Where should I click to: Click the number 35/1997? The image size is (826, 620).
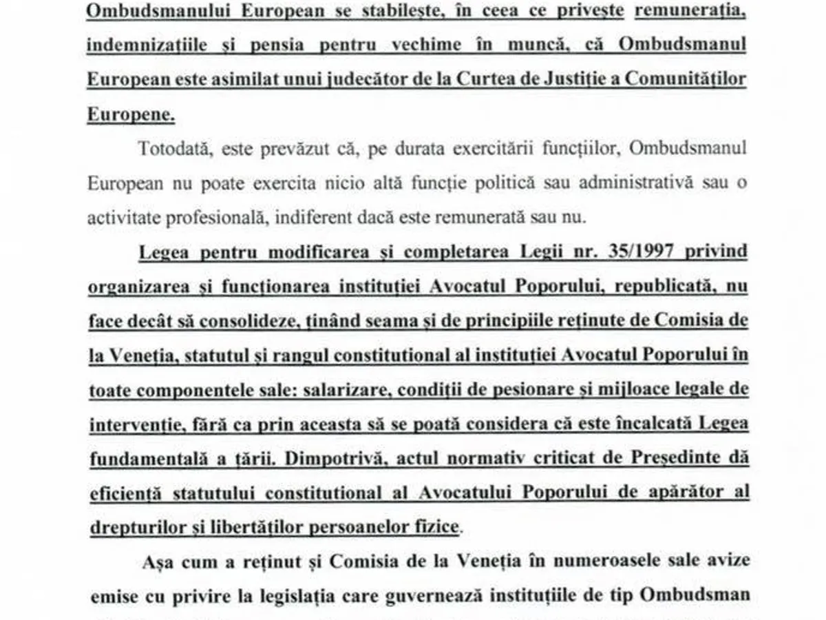pyautogui.click(x=632, y=252)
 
